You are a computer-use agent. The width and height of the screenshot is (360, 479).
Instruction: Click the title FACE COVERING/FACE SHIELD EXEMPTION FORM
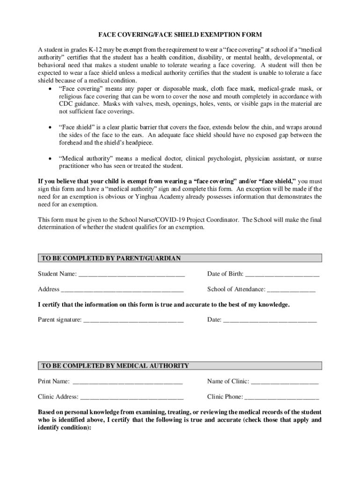[x=180, y=35]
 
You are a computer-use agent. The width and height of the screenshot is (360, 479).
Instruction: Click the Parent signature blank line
[x=133, y=321]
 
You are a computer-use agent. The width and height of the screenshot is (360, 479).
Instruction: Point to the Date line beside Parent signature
[x=270, y=321]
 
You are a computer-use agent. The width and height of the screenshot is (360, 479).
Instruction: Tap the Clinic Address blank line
[x=132, y=398]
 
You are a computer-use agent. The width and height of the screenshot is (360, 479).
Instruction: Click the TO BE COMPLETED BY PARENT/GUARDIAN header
[x=111, y=258]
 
